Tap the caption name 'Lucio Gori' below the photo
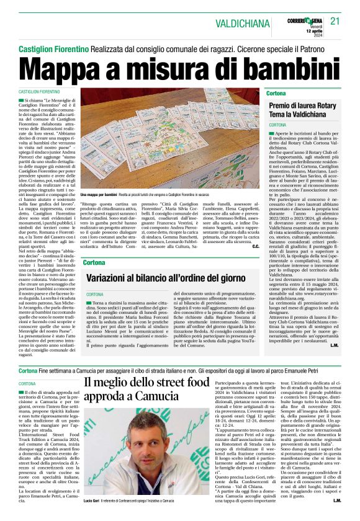tap(91, 500)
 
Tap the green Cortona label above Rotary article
tap(276, 92)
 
